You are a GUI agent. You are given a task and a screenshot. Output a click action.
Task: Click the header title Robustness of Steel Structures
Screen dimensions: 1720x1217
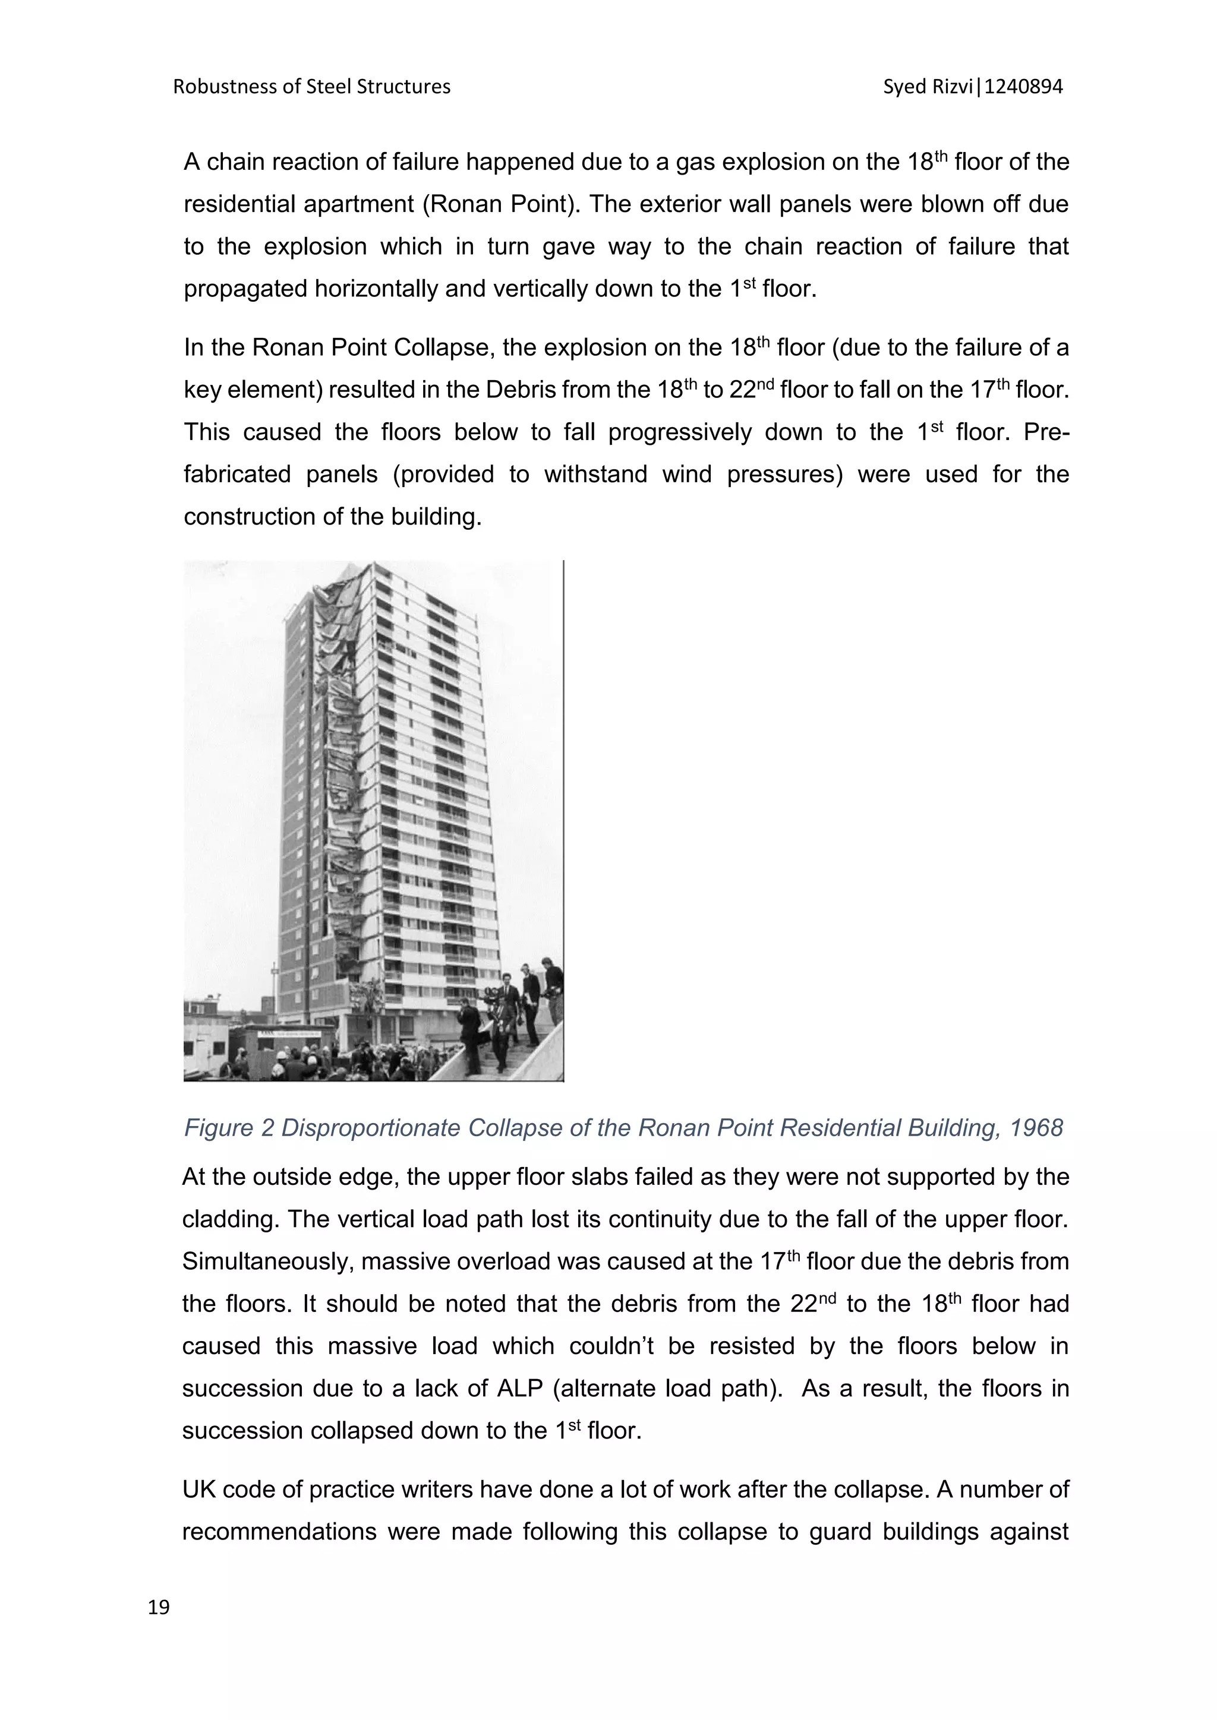[x=312, y=87]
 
